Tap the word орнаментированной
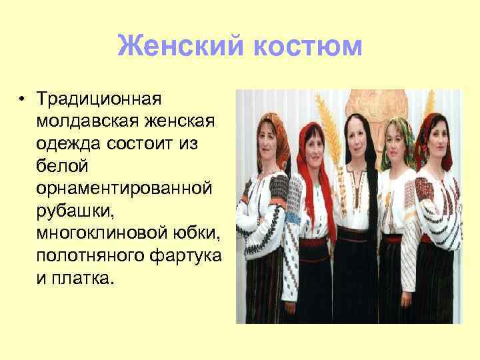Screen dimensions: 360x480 125,189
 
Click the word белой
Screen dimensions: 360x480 61,166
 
